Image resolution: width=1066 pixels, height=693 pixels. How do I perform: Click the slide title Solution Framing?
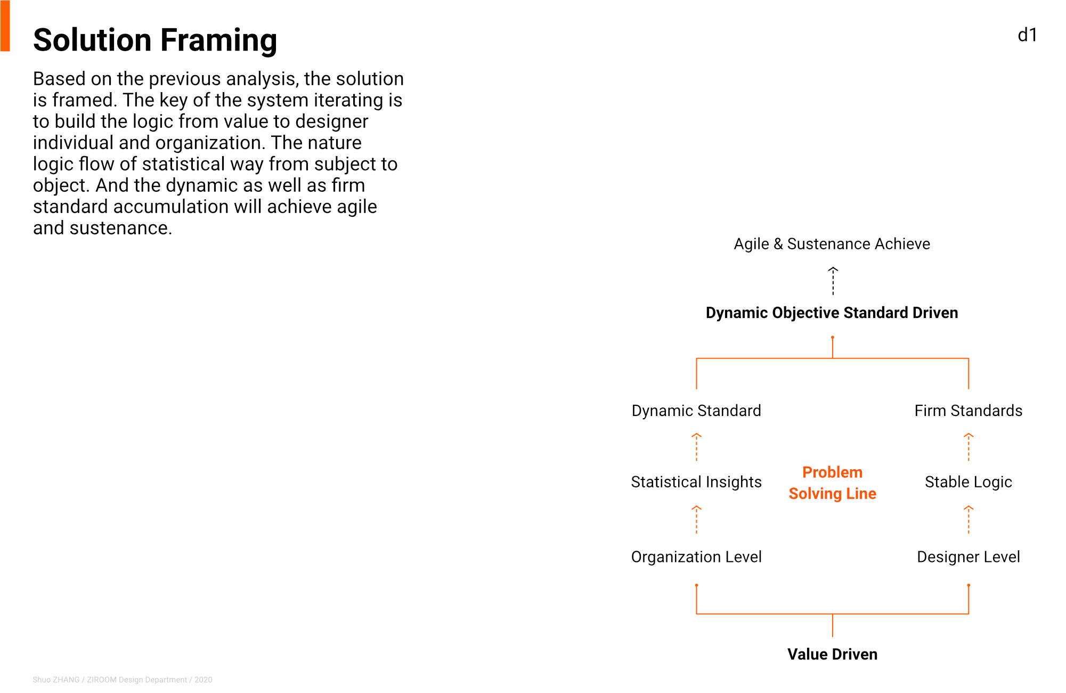pos(155,40)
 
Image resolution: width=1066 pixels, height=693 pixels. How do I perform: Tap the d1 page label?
pos(1027,35)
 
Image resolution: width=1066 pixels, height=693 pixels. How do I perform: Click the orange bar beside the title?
pos(5,26)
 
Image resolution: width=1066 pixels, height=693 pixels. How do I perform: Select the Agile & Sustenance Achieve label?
pos(832,244)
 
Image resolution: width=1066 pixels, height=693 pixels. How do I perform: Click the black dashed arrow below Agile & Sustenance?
pos(833,281)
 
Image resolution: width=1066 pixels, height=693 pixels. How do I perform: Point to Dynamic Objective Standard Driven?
pos(832,313)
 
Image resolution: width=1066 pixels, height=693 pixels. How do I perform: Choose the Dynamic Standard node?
pos(696,411)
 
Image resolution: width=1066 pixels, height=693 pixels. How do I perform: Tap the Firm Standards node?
pos(969,411)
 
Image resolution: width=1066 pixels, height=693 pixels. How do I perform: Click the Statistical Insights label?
pos(696,482)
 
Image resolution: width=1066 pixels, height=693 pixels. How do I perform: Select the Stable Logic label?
pos(969,482)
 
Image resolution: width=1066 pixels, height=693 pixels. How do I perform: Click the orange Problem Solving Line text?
pos(833,483)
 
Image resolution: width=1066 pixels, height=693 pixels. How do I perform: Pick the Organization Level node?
pos(696,557)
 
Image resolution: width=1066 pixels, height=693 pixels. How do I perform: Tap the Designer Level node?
pos(969,557)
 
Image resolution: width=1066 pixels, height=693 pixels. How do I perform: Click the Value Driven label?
pos(833,654)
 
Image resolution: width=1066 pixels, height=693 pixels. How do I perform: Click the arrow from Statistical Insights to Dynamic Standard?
pos(696,447)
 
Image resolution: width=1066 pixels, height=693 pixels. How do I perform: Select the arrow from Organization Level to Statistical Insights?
pos(696,519)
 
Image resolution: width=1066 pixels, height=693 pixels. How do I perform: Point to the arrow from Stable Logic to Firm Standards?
pos(969,447)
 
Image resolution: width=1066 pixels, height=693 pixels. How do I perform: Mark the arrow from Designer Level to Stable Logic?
pos(969,519)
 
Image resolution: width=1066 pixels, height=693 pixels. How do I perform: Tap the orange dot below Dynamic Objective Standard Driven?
pos(833,337)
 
